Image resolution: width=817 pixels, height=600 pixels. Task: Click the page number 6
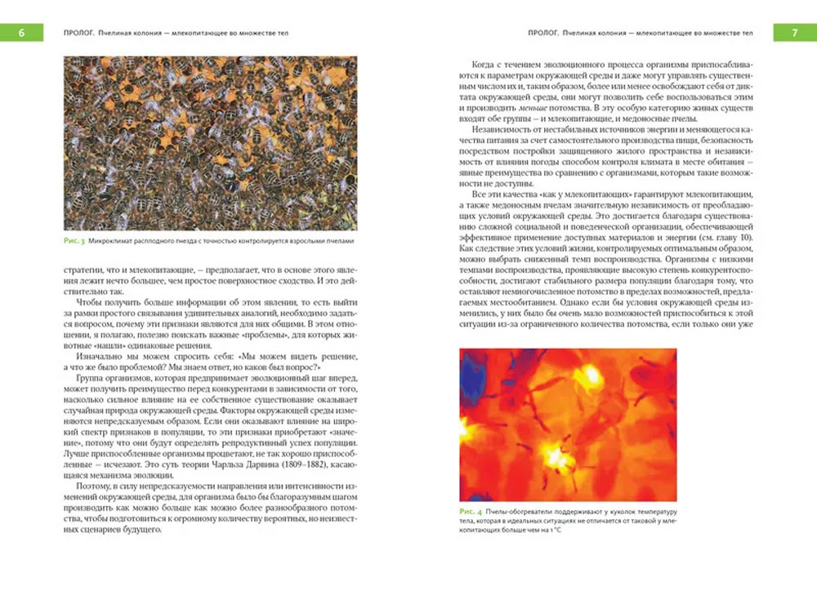pos(20,33)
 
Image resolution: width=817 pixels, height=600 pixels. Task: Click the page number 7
pos(795,33)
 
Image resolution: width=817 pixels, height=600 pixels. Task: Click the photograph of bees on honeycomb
pos(210,143)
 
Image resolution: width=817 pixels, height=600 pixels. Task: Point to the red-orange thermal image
pos(568,424)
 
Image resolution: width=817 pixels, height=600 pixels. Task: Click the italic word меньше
pos(531,108)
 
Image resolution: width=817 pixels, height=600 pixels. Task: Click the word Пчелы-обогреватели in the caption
pos(520,512)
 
